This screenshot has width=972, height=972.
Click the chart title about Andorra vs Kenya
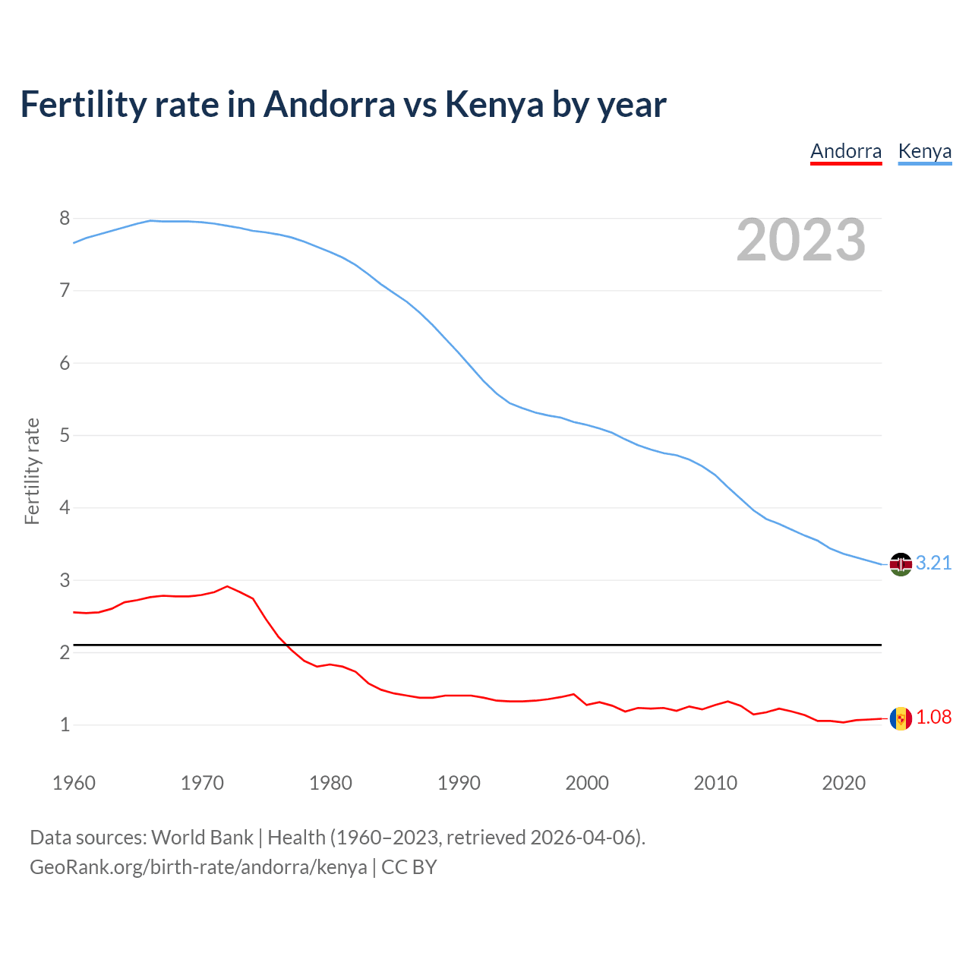pyautogui.click(x=343, y=105)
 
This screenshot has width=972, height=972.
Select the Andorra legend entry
pyautogui.click(x=846, y=151)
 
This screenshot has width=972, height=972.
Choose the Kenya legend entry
pyautogui.click(x=924, y=151)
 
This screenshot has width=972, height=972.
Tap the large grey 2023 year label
pyautogui.click(x=800, y=240)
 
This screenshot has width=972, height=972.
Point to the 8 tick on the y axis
pyautogui.click(x=65, y=219)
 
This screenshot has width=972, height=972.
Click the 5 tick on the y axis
pyautogui.click(x=65, y=436)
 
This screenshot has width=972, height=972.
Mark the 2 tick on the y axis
pyautogui.click(x=65, y=653)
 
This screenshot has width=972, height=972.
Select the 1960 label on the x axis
pyautogui.click(x=74, y=783)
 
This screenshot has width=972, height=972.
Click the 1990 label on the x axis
pyautogui.click(x=459, y=783)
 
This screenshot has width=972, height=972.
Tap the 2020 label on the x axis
pyautogui.click(x=844, y=783)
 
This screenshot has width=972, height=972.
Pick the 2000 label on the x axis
pyautogui.click(x=587, y=783)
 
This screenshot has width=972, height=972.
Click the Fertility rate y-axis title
pyautogui.click(x=32, y=471)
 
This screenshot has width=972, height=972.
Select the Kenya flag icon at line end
pyautogui.click(x=901, y=564)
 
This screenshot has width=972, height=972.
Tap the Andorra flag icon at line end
pyautogui.click(x=901, y=718)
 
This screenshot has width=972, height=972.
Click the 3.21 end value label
pyautogui.click(x=933, y=563)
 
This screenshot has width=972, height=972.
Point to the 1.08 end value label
pyautogui.click(x=933, y=718)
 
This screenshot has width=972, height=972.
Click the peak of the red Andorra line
pyautogui.click(x=227, y=586)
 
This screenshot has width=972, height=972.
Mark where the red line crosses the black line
pyautogui.click(x=284, y=645)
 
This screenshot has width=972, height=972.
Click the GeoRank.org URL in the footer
pyautogui.click(x=198, y=867)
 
